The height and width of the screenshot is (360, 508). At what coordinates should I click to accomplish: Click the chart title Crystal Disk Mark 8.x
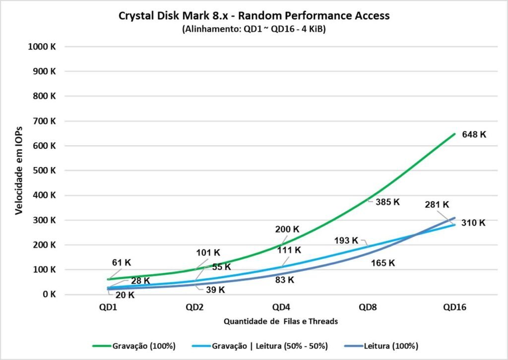(x=254, y=15)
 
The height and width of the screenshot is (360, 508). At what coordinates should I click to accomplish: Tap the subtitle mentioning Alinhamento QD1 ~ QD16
(x=254, y=29)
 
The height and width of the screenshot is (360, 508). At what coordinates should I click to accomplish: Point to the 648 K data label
(x=474, y=134)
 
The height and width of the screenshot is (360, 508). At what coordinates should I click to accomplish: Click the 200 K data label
(x=287, y=230)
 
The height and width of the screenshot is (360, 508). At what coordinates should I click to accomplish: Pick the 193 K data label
(x=346, y=240)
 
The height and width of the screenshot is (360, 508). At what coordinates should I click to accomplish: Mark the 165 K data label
(x=382, y=263)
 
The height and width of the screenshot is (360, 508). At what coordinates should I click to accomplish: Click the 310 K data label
(x=473, y=223)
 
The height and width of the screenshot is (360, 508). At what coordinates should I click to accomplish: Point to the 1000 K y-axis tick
(x=43, y=47)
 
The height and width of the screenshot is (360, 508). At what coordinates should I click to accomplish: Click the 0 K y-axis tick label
(x=49, y=295)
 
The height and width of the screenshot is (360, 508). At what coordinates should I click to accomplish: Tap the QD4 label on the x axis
(x=281, y=307)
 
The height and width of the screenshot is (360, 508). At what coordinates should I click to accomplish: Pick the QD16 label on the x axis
(x=454, y=307)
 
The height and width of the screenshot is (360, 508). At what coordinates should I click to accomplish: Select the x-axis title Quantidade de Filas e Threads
(x=281, y=321)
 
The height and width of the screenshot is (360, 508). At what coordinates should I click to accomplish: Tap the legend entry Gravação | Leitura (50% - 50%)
(x=270, y=345)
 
